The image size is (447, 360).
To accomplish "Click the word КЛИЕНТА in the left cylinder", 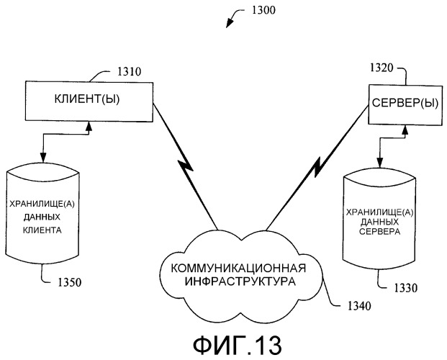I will tap(45, 232).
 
